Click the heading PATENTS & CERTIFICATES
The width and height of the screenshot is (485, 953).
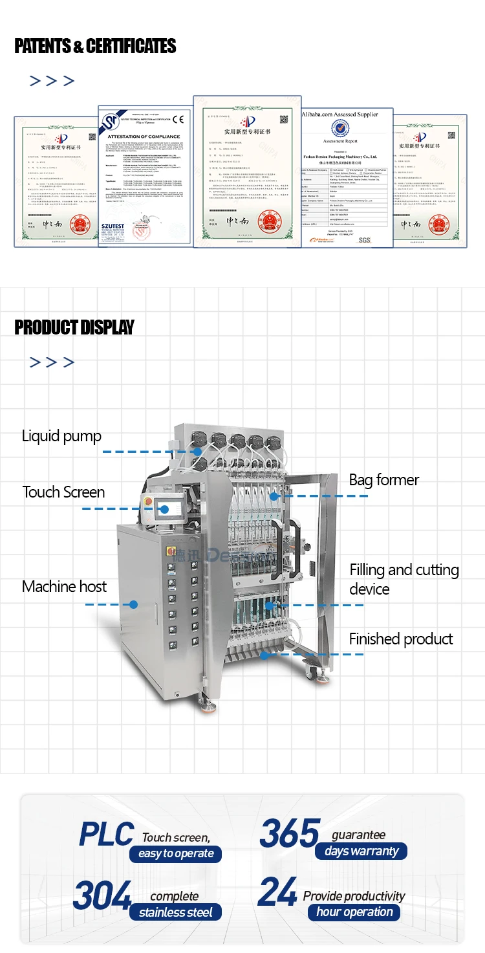pyautogui.click(x=95, y=46)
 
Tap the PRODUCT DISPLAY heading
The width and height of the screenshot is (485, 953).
pyautogui.click(x=74, y=327)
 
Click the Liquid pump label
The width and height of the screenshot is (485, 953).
pyautogui.click(x=61, y=436)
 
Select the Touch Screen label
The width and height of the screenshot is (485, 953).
pyautogui.click(x=63, y=492)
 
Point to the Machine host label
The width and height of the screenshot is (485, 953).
pyautogui.click(x=64, y=587)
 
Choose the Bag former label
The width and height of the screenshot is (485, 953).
pyautogui.click(x=383, y=480)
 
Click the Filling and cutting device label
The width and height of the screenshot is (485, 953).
pyautogui.click(x=404, y=579)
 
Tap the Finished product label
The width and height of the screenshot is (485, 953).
pyautogui.click(x=401, y=639)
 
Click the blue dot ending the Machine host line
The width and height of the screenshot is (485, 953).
pyautogui.click(x=134, y=604)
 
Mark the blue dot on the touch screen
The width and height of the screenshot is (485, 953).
pyautogui.click(x=164, y=509)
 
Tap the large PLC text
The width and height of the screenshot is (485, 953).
pyautogui.click(x=106, y=835)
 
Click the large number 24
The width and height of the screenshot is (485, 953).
pyautogui.click(x=277, y=893)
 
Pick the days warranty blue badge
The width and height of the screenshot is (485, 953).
pyautogui.click(x=361, y=851)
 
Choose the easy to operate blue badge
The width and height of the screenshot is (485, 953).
pyautogui.click(x=176, y=854)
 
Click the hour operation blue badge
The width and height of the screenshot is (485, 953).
pyautogui.click(x=354, y=912)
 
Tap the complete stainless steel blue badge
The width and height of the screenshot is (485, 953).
pyautogui.click(x=175, y=913)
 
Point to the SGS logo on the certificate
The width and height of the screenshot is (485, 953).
pyautogui.click(x=365, y=240)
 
